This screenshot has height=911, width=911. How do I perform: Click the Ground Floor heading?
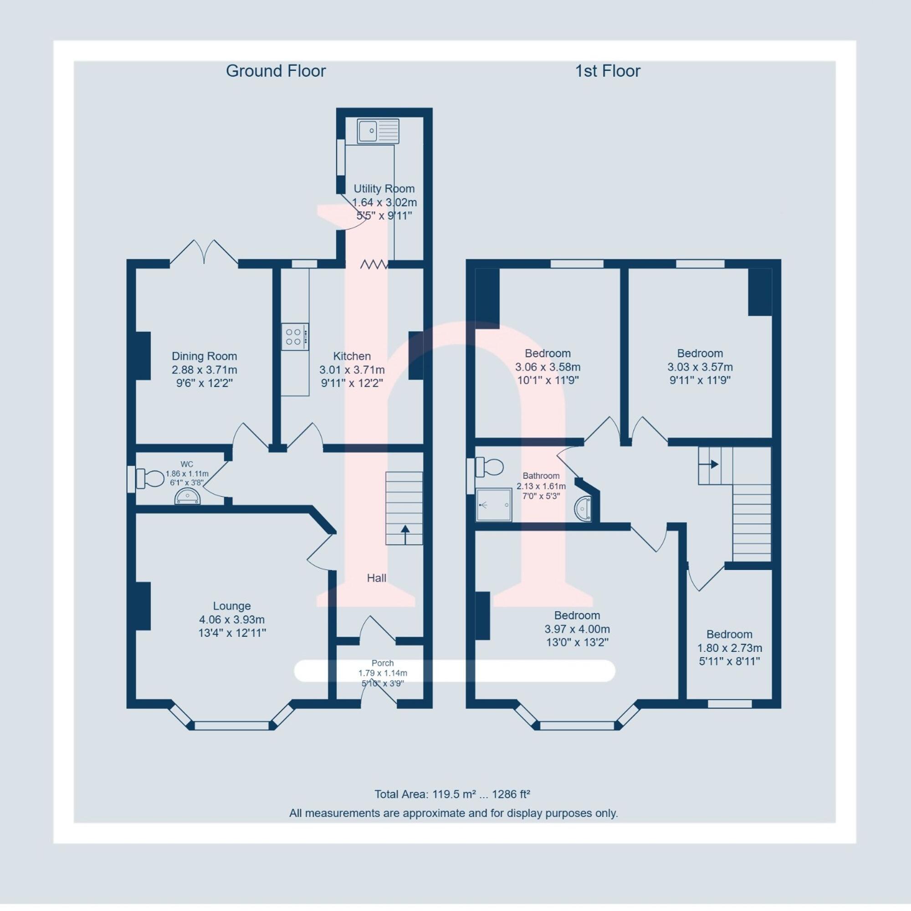coord(276,71)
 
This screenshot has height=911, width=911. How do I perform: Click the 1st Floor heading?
coord(607,71)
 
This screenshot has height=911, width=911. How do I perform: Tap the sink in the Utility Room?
coord(378,131)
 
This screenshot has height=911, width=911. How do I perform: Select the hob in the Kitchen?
coord(295,336)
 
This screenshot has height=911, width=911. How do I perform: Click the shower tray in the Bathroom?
coord(494,505)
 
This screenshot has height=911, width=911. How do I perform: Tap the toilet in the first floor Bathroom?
coord(490,467)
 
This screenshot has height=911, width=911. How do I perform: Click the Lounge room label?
coord(231,606)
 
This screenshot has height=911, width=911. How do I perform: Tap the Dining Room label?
coord(204,357)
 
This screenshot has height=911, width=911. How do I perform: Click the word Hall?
coord(376,578)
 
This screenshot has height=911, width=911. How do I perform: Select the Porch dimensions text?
coord(383,673)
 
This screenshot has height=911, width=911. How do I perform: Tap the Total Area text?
coord(452,794)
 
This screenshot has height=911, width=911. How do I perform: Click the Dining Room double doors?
coord(204,252)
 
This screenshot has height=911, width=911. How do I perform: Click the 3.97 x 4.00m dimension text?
coord(577,629)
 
